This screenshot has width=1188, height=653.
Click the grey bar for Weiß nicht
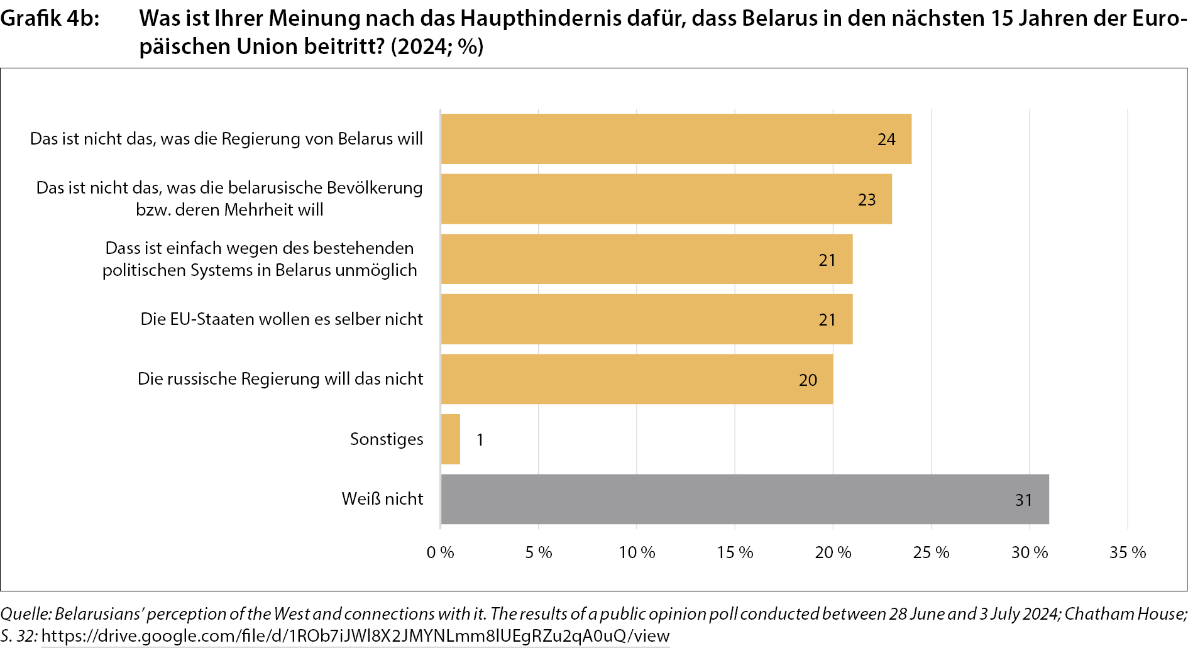pos(745,499)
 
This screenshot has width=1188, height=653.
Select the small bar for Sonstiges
pos(451,439)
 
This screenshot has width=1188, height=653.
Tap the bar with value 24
pos(676,139)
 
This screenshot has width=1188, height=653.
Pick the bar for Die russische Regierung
pos(637,379)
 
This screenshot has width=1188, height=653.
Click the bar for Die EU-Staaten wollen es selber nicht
pos(647,319)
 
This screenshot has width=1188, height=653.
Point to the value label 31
pos(1024,500)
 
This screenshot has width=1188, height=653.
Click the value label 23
pos(867,200)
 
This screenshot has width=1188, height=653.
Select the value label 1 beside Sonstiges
pos(480,440)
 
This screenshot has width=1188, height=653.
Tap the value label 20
pos(808,380)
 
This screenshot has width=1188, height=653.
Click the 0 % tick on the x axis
pos(440,552)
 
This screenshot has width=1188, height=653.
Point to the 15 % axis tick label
pos(735,552)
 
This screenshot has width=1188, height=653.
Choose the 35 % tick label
pos(1128,552)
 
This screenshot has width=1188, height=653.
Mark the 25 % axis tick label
pos(931,552)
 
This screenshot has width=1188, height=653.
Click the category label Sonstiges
pos(387,439)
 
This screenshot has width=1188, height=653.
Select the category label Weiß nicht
pos(382,499)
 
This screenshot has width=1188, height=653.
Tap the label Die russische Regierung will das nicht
pos(280,379)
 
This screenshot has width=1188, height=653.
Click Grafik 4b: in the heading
pos(50,19)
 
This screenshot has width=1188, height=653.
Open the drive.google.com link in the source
pos(355,636)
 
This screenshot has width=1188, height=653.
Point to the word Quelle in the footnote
pos(25,614)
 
